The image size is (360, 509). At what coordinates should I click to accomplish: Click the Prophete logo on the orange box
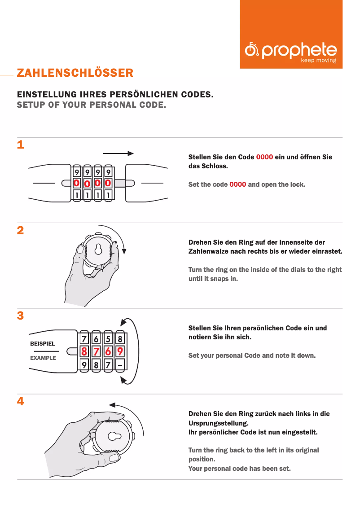[x=291, y=52]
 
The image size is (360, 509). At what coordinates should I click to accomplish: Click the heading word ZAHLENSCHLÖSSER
[x=75, y=73]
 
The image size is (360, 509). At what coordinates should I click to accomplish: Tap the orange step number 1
[x=21, y=145]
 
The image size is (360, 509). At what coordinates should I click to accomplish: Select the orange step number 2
[x=21, y=230]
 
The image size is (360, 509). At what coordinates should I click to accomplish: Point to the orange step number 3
[x=21, y=316]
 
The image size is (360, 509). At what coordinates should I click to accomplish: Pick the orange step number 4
[x=21, y=401]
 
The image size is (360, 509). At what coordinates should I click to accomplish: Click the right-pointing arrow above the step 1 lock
[x=118, y=154]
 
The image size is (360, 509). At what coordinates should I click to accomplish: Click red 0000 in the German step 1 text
[x=264, y=157]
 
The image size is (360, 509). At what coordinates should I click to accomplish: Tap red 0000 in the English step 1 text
[x=237, y=185]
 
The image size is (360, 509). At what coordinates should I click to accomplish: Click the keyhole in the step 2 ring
[x=98, y=249]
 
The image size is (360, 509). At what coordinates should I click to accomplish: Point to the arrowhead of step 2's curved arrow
[x=124, y=251]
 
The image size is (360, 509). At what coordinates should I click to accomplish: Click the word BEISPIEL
[x=43, y=343]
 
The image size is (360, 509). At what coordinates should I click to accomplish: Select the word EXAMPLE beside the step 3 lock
[x=43, y=358]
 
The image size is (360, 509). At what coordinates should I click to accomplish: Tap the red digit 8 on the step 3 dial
[x=84, y=351]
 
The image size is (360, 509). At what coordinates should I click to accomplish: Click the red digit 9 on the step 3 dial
[x=120, y=351]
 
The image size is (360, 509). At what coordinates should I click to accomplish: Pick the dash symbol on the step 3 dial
[x=120, y=365]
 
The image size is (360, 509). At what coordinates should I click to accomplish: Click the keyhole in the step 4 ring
[x=114, y=436]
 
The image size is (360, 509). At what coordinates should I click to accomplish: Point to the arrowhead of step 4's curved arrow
[x=112, y=405]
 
